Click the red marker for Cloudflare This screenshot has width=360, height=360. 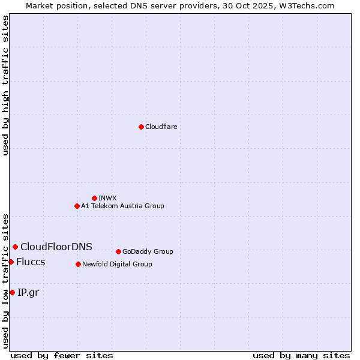pyautogui.click(x=141, y=127)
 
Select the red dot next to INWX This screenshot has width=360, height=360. pyautogui.click(x=94, y=198)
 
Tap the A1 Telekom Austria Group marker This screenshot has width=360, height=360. pyautogui.click(x=77, y=206)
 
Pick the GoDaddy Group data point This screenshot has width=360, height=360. pyautogui.click(x=118, y=251)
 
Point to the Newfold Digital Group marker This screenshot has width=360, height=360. pyautogui.click(x=78, y=264)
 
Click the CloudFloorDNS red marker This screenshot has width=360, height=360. pyautogui.click(x=15, y=247)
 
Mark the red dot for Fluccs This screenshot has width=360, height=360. pyautogui.click(x=11, y=262)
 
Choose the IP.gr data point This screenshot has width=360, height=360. pyautogui.click(x=12, y=292)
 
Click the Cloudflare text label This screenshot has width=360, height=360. pyautogui.click(x=161, y=127)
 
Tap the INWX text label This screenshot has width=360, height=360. pyautogui.click(x=107, y=198)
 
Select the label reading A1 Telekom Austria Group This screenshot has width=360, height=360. pyautogui.click(x=122, y=206)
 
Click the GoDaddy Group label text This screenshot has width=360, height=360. pyautogui.click(x=148, y=251)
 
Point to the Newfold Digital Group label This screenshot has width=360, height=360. pyautogui.click(x=117, y=264)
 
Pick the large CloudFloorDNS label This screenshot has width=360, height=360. pyautogui.click(x=56, y=247)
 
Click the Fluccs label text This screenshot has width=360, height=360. pyautogui.click(x=31, y=262)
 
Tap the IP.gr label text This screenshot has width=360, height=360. pyautogui.click(x=28, y=292)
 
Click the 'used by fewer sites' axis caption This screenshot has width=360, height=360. pyautogui.click(x=62, y=355)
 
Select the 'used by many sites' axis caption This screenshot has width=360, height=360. pyautogui.click(x=301, y=355)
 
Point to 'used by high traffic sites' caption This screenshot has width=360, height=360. pyautogui.click(x=5, y=85)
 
